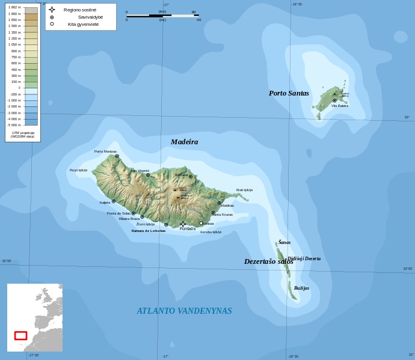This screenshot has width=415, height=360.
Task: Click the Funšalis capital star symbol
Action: (183, 224)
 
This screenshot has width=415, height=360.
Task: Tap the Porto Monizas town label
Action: (105, 151)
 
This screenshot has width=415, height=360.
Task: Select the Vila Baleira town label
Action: (339, 106)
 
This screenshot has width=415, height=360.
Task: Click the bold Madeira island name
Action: (184, 142)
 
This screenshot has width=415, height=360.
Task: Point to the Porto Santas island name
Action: (289, 93)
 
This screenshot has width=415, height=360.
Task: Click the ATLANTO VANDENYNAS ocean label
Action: (184, 311)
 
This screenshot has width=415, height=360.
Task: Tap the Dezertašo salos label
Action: (268, 261)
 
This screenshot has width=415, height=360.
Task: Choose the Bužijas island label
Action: (301, 288)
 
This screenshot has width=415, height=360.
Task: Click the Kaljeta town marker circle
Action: (113, 201)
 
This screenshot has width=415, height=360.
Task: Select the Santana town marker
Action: (191, 177)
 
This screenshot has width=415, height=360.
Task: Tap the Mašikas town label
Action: (227, 206)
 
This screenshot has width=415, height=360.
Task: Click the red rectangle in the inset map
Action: (20, 335)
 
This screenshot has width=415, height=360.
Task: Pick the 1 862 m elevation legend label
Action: (14, 7)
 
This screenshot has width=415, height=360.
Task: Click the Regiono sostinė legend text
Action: (80, 10)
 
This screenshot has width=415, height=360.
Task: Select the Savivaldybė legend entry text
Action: (90, 17)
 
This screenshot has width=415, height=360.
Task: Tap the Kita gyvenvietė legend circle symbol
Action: (52, 24)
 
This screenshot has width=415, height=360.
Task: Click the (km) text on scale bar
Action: (162, 11)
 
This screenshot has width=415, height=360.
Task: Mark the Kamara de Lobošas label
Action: (148, 231)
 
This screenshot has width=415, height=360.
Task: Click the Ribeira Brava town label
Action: (129, 219)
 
